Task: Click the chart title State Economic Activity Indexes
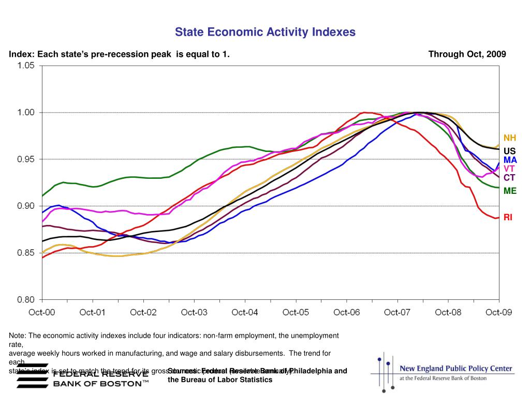265,32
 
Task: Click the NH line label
510,138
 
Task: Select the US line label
510,151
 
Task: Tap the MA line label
510,160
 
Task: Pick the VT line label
509,169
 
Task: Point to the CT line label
509,178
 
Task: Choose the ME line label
510,191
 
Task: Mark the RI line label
508,218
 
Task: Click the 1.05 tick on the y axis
26,66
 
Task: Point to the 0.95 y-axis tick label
26,159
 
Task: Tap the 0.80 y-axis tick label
26,299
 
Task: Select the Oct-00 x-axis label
42,312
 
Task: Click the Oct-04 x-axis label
245,312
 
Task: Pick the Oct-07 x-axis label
397,312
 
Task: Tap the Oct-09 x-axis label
499,312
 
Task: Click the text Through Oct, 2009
467,54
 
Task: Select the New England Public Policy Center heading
455,369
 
